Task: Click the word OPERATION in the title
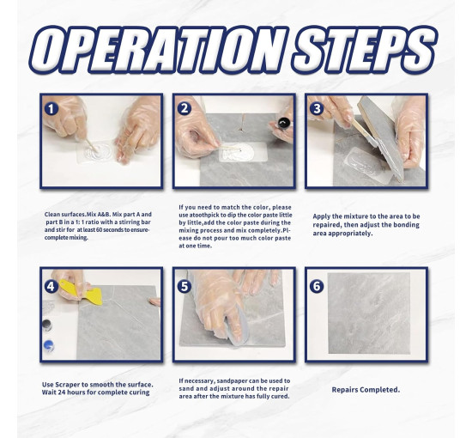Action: [159, 50]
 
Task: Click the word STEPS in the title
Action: [365, 50]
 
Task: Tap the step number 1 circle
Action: [51, 109]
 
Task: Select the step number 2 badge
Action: [185, 108]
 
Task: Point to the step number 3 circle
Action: [317, 108]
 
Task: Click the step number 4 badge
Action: [51, 286]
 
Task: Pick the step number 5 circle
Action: [185, 286]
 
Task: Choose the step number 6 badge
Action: [317, 286]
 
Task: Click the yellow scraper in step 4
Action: [82, 291]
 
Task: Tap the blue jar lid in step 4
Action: [49, 345]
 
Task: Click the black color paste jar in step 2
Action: [284, 124]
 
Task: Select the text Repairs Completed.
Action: [366, 390]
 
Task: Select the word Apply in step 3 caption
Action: [320, 216]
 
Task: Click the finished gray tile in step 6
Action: [369, 313]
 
